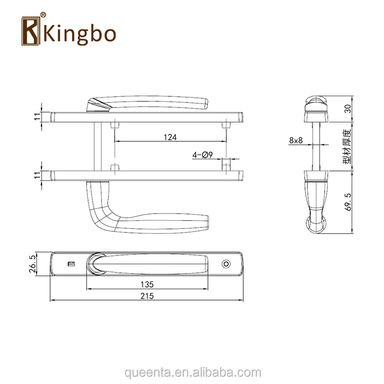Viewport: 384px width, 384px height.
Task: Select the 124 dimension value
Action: click(170, 137)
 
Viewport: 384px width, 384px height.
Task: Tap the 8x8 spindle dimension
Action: click(296, 140)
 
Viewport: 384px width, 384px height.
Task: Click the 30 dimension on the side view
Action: click(348, 108)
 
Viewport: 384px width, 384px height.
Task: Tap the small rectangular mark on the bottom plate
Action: click(70, 264)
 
